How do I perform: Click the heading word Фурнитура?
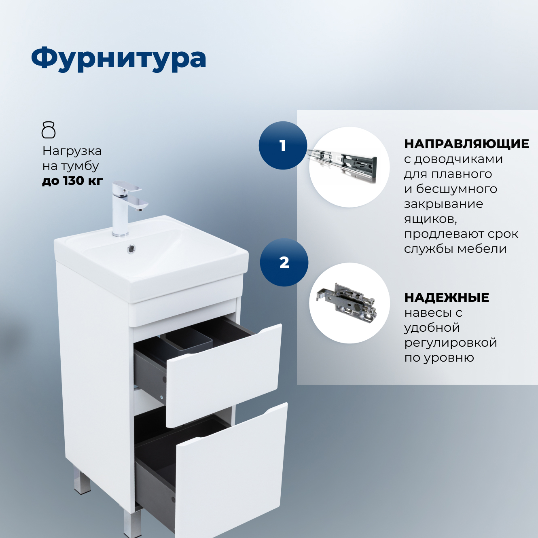[x=119, y=59]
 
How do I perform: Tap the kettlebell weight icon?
[x=49, y=130]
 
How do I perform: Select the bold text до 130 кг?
[x=72, y=180]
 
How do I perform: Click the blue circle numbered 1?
[x=283, y=146]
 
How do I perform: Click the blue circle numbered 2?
[x=284, y=263]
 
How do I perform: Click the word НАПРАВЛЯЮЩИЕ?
[x=466, y=144]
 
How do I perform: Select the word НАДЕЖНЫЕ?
[x=447, y=297]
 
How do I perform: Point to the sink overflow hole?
[x=131, y=249]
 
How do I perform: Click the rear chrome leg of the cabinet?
[x=82, y=481]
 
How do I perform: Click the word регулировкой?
[x=451, y=343]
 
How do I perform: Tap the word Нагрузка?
[x=72, y=151]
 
